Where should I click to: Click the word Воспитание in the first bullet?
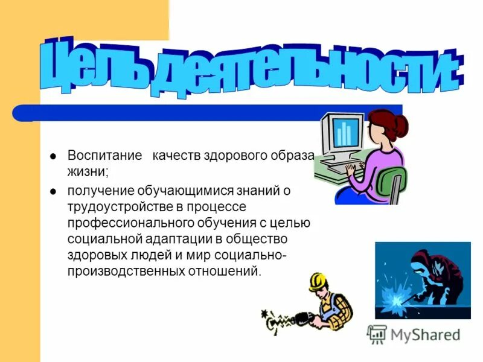[97, 156]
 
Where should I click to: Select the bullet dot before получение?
[53, 192]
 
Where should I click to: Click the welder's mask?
[423, 265]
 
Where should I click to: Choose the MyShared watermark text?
[425, 334]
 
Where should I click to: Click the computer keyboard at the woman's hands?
[338, 164]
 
